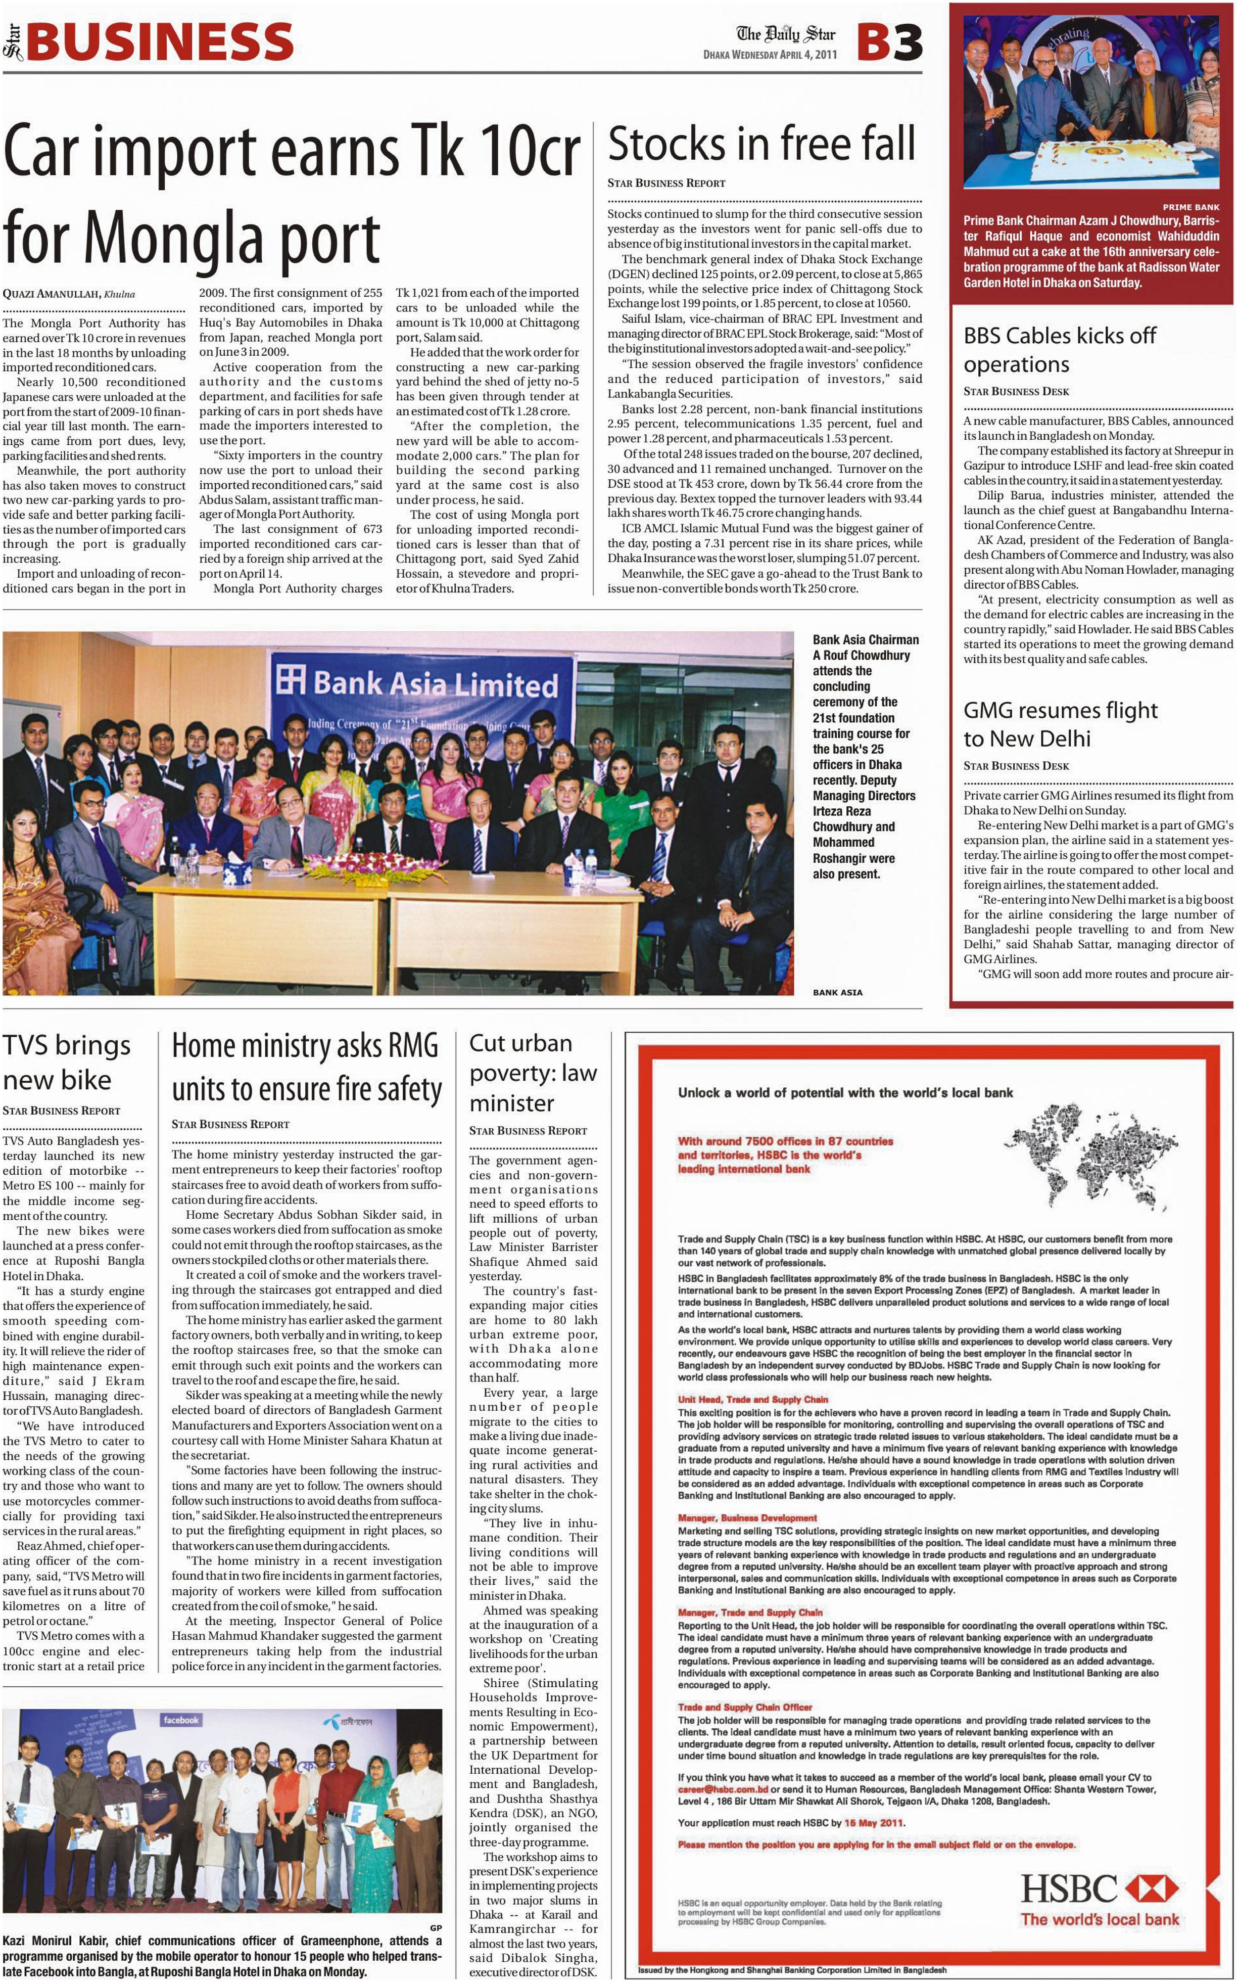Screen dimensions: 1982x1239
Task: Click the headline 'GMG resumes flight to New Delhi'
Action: pos(1060,724)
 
